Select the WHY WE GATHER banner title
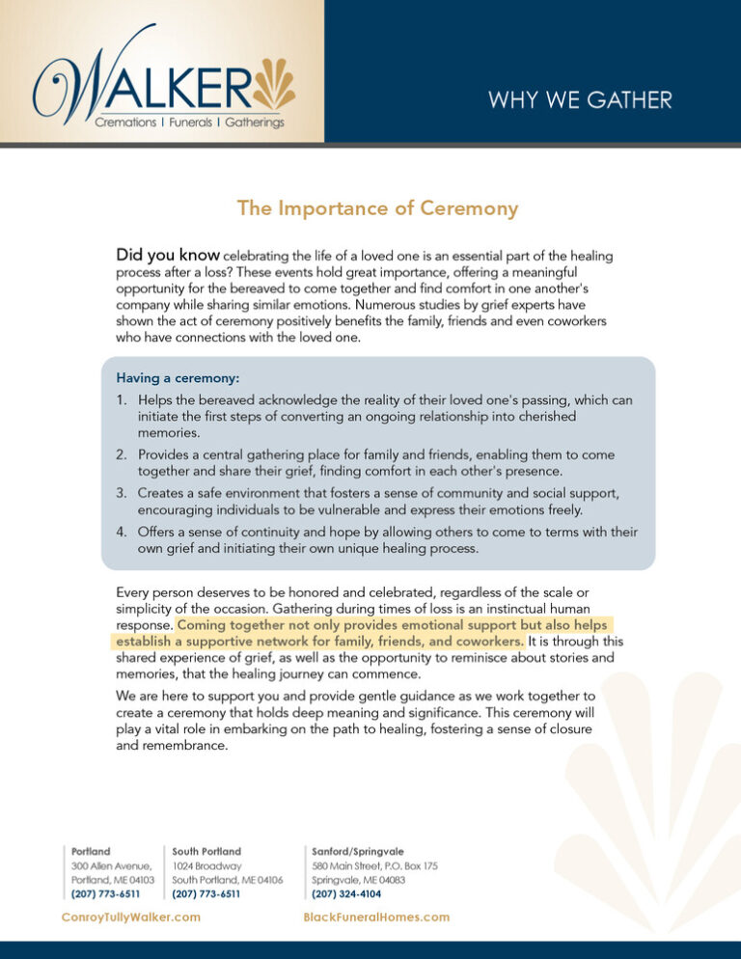580,99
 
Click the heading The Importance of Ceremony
378,208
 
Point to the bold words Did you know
168,256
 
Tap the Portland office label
91,852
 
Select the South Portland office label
206,852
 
